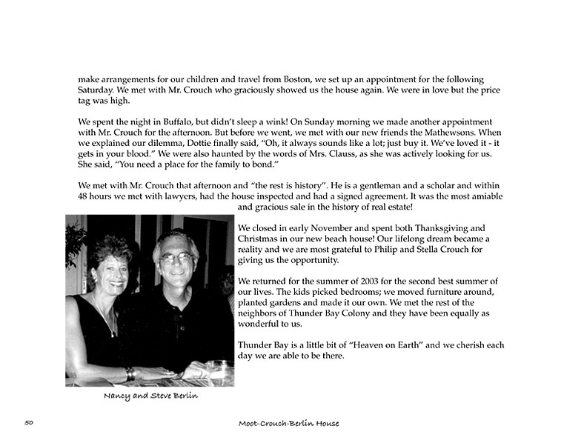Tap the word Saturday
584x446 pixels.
(x=98, y=90)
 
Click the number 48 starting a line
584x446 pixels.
(x=84, y=196)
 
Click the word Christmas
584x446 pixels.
(x=261, y=239)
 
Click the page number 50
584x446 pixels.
(x=30, y=422)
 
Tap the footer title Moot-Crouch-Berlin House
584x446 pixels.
(x=288, y=423)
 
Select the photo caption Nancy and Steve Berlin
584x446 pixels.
(x=150, y=396)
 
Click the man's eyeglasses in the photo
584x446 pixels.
(x=176, y=259)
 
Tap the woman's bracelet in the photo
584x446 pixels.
(x=130, y=373)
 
